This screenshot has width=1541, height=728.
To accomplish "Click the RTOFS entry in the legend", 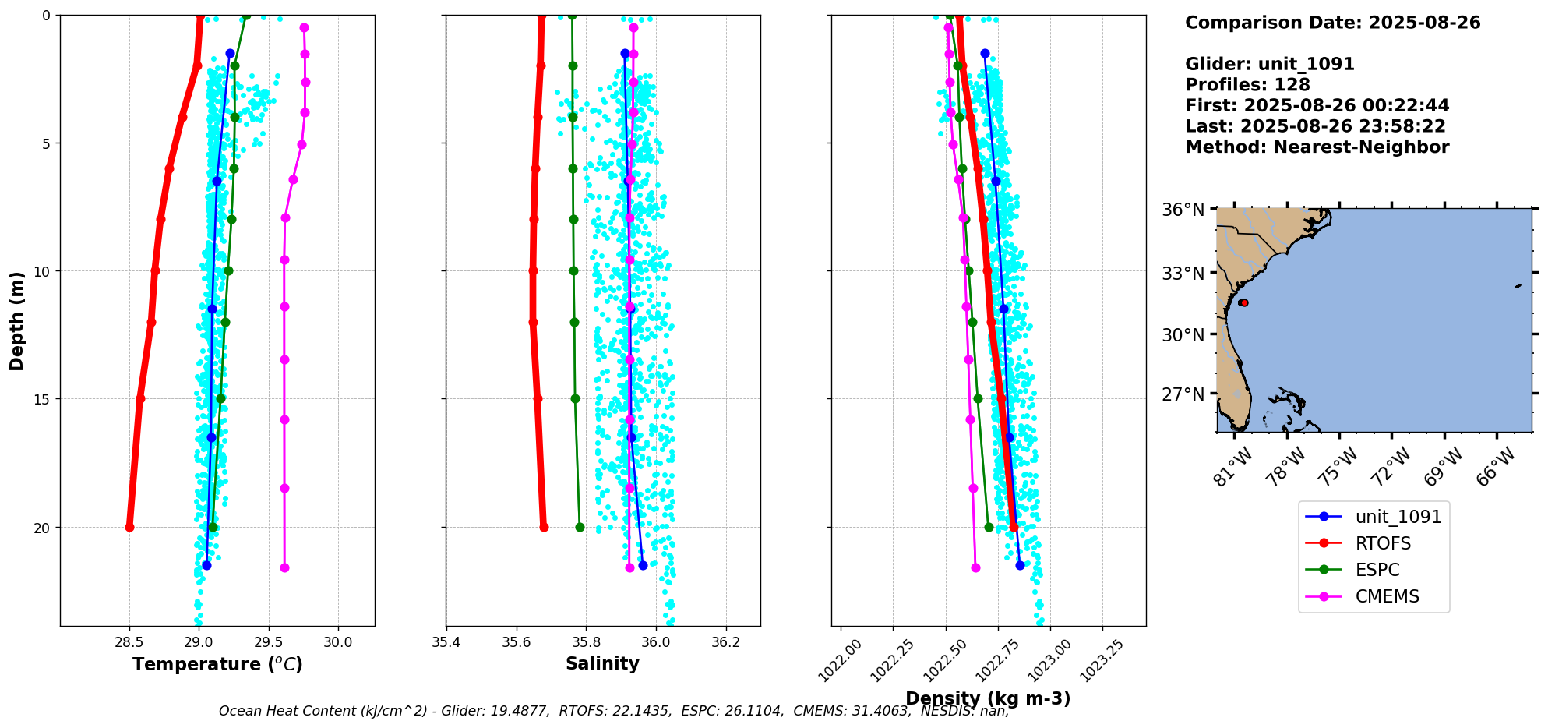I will point(1383,543).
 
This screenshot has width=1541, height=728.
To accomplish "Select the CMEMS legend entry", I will point(1387,596).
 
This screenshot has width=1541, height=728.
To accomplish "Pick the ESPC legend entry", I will point(1377,570).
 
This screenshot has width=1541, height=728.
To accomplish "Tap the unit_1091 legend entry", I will point(1398,517).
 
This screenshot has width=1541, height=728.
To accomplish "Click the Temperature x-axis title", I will point(217,664).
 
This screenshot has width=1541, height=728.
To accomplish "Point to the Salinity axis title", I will point(602,663).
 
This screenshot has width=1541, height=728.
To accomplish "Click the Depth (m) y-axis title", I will point(16,320).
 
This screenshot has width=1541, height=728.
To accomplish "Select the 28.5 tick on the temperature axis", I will point(129,642).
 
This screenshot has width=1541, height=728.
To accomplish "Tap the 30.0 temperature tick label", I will point(338,642).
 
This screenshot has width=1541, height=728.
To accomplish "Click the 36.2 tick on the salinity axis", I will point(725,642).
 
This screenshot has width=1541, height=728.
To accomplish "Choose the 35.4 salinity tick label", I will point(446,642).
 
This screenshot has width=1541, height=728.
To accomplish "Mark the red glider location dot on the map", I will point(1243,302).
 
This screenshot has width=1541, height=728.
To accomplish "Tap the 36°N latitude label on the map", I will point(1183,210).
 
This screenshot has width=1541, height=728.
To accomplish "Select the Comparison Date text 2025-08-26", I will point(1424,23).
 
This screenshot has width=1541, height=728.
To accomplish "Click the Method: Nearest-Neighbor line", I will point(1317,147).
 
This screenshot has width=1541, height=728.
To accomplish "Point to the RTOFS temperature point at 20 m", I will point(129,528).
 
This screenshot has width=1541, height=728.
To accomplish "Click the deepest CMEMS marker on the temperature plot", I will point(284,567).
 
